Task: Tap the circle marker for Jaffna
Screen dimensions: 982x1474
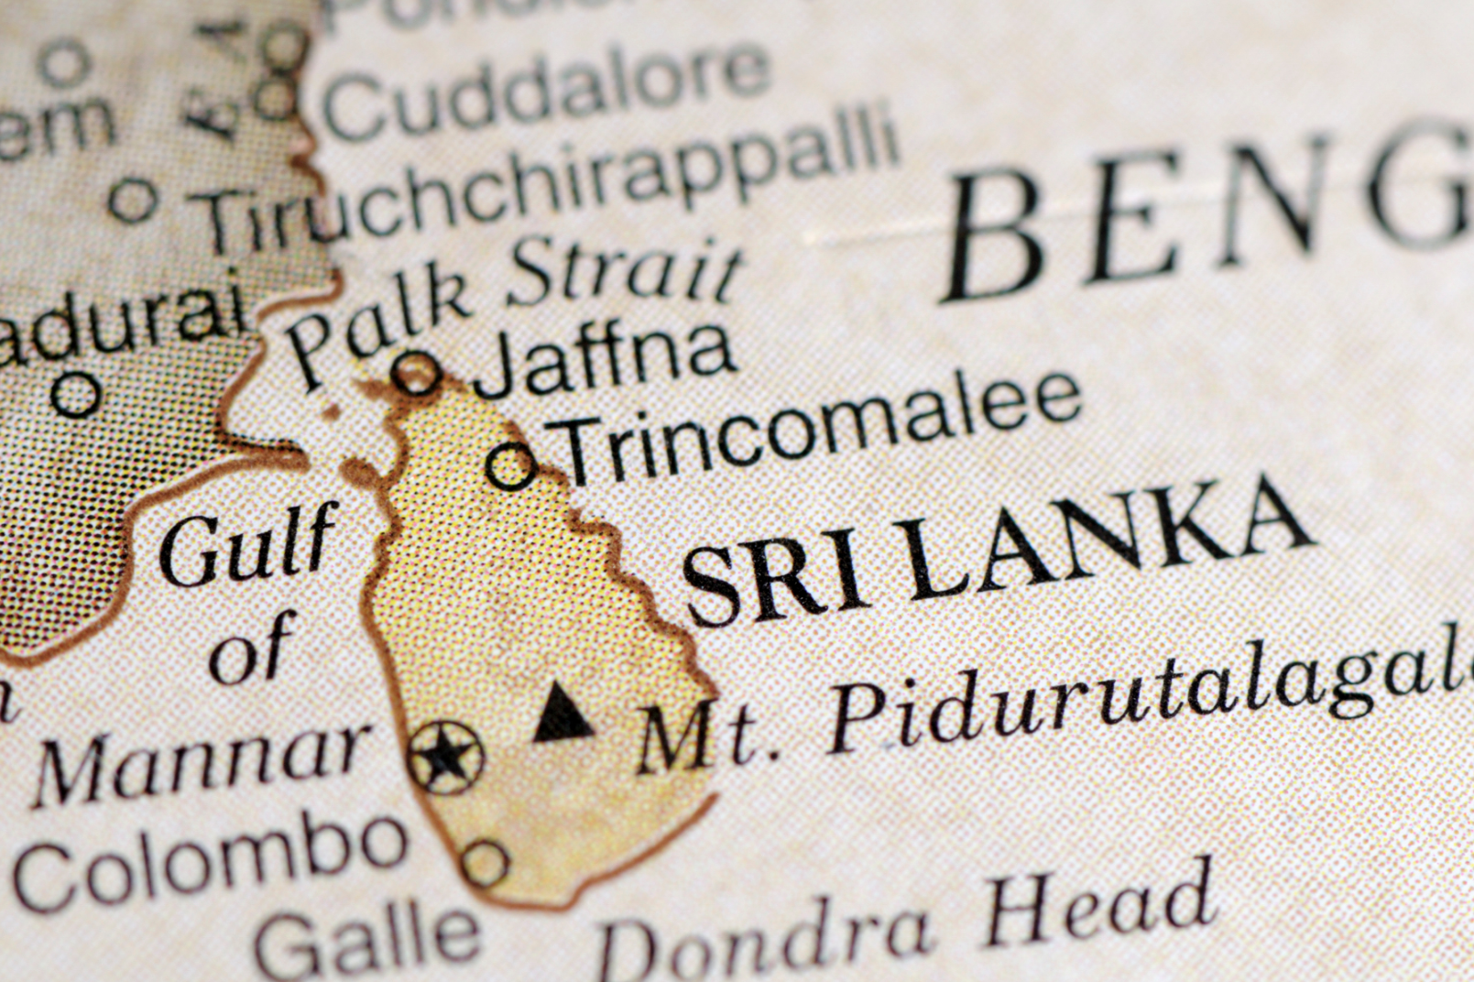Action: tap(418, 373)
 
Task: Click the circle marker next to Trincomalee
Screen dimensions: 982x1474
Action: tap(511, 465)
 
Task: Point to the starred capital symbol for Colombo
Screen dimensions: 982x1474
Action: tap(446, 757)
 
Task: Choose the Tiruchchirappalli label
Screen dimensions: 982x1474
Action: tap(550, 183)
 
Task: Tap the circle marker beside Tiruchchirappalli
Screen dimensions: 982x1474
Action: tap(134, 199)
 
